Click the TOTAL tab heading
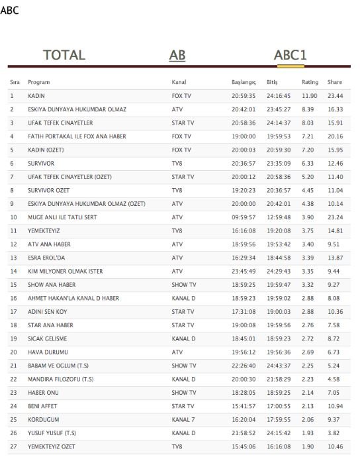(x=64, y=55)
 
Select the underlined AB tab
(x=177, y=55)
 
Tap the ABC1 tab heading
(x=291, y=55)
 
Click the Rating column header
(x=310, y=83)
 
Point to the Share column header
(x=335, y=83)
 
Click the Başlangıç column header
(x=244, y=83)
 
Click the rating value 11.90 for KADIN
(x=310, y=96)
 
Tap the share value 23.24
(x=335, y=217)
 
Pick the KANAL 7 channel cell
(x=183, y=421)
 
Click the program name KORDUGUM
(x=44, y=421)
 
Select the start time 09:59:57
(x=244, y=217)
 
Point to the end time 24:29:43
(x=278, y=272)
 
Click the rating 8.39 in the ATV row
(x=310, y=109)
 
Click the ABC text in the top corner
(x=9, y=11)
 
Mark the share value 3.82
(x=335, y=434)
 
